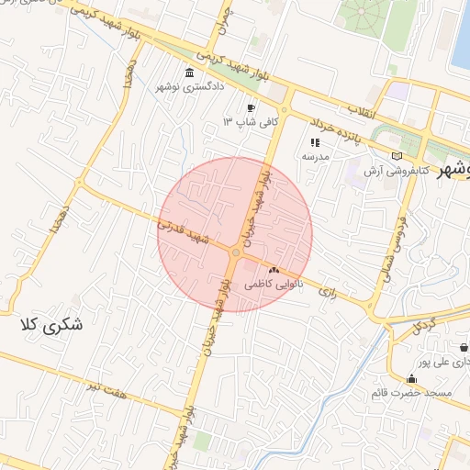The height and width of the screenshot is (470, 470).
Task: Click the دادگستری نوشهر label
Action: [191, 88]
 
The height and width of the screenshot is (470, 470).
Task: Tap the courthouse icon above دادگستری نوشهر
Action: [190, 73]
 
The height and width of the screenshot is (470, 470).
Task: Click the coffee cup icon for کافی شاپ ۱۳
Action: [251, 107]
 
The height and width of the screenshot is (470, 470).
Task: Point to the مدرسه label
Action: [316, 157]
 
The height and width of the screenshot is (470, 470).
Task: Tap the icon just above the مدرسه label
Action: [316, 142]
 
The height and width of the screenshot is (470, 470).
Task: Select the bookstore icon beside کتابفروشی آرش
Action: [397, 156]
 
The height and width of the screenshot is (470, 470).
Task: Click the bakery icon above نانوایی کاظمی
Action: [274, 270]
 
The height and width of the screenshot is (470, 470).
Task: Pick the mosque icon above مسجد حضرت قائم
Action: [411, 379]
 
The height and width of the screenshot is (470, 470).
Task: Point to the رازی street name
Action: [328, 291]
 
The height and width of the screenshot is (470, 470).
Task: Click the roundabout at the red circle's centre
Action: [235, 251]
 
